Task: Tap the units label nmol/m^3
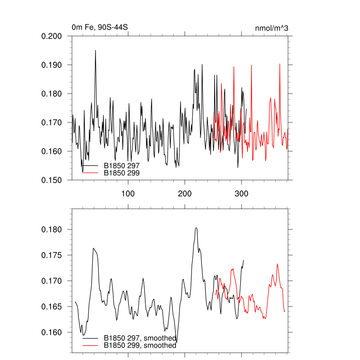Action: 272,28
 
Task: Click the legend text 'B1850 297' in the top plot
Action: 122,166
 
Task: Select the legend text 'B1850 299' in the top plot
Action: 122,173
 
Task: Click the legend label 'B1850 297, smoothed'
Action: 140,338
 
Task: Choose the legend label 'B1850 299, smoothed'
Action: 140,345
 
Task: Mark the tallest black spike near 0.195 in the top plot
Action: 95,50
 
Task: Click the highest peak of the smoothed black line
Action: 196,228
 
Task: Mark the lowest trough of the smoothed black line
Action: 176,342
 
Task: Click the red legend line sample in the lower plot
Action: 90,345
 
